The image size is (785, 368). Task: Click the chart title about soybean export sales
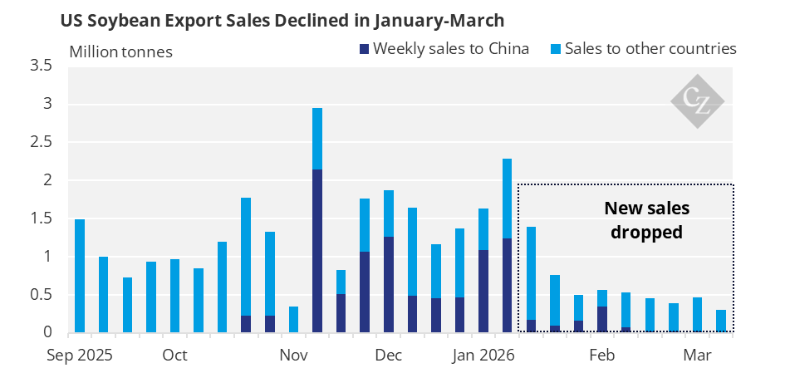(x=282, y=21)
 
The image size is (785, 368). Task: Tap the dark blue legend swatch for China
(x=364, y=49)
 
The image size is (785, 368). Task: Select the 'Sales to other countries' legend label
(x=650, y=48)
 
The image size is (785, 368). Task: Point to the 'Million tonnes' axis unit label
(x=120, y=52)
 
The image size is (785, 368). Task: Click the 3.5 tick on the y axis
(x=42, y=66)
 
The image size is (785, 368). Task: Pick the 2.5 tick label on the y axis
(x=42, y=142)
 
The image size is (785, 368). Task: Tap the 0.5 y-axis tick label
(x=42, y=294)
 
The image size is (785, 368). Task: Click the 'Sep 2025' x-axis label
(x=80, y=356)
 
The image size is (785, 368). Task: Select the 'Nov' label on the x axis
(x=293, y=356)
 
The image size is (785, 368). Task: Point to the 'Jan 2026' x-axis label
(x=483, y=356)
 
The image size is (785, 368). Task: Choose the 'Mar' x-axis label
(x=698, y=356)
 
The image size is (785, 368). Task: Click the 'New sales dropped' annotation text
(x=647, y=220)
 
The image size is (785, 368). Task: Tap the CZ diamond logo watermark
(x=698, y=101)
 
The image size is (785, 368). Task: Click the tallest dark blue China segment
(x=317, y=251)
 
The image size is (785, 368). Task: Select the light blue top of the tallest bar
(x=317, y=139)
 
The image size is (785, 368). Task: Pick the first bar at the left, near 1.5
(x=80, y=276)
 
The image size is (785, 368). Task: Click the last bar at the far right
(x=721, y=321)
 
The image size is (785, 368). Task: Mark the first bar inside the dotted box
(x=531, y=279)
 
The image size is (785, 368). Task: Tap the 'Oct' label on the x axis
(x=174, y=356)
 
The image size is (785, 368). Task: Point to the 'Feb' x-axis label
(x=602, y=356)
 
